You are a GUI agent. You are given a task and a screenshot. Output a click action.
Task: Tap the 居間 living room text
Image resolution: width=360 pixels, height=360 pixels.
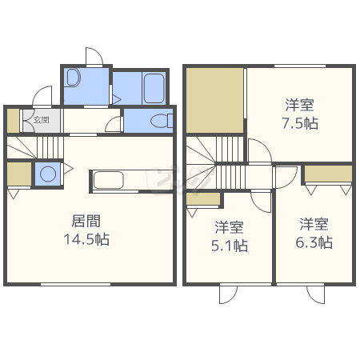[86, 221]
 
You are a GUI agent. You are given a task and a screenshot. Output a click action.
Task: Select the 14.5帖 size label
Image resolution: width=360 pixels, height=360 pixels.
[86, 239]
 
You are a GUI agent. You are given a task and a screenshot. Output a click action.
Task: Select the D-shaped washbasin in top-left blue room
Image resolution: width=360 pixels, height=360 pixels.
[74, 78]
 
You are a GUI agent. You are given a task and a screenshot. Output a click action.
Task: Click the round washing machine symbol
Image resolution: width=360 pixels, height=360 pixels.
[47, 174]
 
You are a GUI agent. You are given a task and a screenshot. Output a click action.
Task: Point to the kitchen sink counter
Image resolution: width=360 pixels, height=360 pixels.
[116, 179]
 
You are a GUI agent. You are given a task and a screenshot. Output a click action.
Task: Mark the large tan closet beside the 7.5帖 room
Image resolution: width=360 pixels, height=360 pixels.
[214, 101]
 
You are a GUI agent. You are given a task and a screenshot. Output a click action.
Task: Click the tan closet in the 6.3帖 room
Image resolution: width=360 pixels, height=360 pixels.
[328, 173]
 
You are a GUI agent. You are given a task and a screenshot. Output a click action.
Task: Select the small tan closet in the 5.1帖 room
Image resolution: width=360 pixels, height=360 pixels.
[202, 199]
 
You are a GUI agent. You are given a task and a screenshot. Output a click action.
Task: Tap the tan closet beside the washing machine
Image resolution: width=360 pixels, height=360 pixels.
[18, 174]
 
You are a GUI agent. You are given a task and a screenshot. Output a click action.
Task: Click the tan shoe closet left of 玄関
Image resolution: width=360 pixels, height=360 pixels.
[12, 120]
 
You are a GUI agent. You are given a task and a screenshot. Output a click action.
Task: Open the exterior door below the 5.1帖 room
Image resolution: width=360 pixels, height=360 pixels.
[228, 294]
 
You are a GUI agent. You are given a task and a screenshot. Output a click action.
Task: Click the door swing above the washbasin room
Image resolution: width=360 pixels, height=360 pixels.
[94, 57]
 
